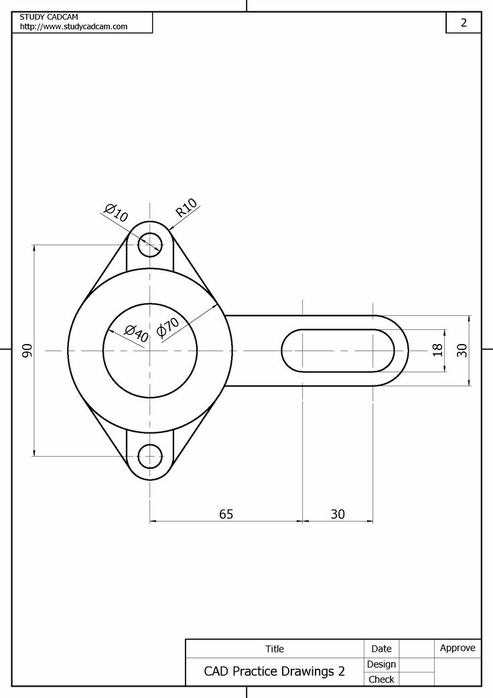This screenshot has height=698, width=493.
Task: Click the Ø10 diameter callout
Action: [x=117, y=213]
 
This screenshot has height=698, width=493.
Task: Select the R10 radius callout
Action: [x=186, y=207]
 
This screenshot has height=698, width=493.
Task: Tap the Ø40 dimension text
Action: [x=136, y=333]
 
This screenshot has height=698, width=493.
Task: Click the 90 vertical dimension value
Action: [x=27, y=350]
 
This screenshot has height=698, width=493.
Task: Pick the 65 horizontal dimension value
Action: [x=226, y=514]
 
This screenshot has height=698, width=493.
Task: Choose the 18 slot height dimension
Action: [x=438, y=350]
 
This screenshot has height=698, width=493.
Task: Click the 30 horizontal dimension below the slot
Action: [x=338, y=514]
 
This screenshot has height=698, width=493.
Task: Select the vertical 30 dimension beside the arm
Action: [x=462, y=350]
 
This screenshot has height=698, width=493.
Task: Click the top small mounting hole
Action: [x=150, y=244]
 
